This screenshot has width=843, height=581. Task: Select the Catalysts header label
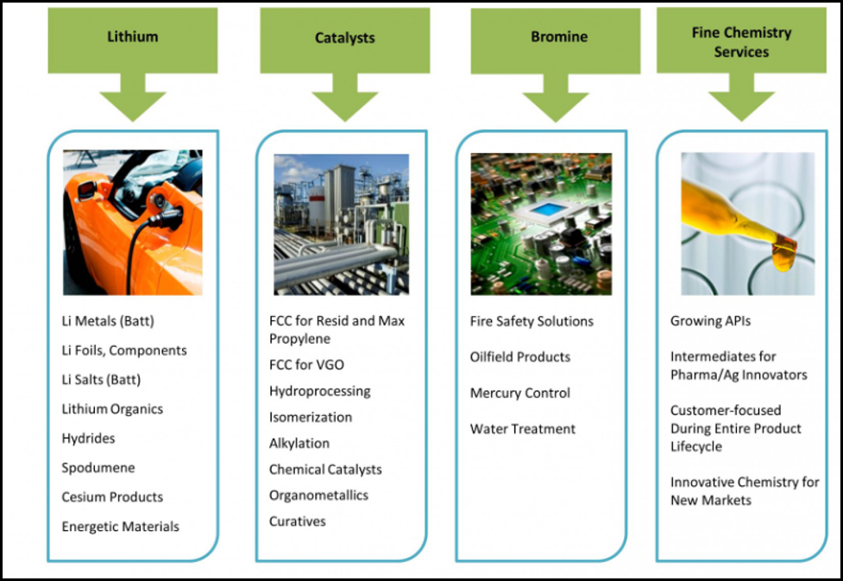(344, 38)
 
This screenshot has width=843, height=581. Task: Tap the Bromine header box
(558, 38)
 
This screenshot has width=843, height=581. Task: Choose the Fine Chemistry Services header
(741, 41)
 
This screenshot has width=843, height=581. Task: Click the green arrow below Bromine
(555, 101)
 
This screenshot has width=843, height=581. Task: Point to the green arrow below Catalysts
(344, 101)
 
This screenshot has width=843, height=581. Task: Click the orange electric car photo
(133, 222)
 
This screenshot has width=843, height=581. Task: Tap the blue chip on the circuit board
(544, 210)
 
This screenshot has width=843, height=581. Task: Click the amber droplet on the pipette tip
(783, 256)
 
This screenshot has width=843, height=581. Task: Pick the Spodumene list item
(98, 468)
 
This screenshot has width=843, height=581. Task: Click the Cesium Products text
(112, 497)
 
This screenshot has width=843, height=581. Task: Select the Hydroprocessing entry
(319, 391)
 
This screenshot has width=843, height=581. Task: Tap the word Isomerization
(311, 418)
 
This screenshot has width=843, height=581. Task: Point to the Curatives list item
(298, 521)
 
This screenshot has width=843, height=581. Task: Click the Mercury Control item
(520, 394)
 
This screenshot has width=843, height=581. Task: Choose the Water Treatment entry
(523, 429)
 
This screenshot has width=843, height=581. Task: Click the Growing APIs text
(710, 321)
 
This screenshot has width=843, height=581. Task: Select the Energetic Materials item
(121, 527)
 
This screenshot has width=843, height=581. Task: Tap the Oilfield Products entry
(520, 357)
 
